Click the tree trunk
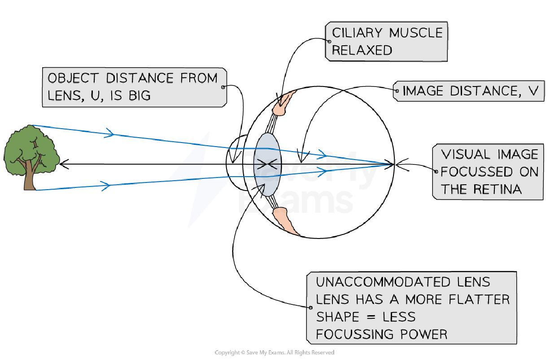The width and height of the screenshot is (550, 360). point(31,179)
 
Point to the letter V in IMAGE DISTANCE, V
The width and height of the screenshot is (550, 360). point(534,91)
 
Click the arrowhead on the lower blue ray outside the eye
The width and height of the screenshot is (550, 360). point(106,185)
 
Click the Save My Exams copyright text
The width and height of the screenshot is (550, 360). point(274,353)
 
